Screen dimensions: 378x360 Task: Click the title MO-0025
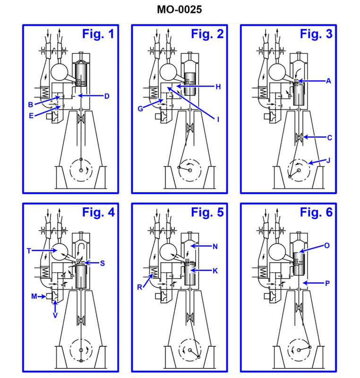(x=180, y=10)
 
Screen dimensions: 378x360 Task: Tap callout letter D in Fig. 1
(x=107, y=96)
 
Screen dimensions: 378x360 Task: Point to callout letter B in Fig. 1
(x=30, y=104)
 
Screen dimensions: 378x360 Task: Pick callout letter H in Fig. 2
(x=218, y=86)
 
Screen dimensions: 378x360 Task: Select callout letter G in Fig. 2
(x=140, y=109)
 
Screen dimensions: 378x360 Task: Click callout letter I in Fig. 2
(x=218, y=120)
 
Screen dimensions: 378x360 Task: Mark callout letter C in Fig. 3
(x=329, y=137)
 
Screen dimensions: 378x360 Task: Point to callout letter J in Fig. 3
(x=329, y=160)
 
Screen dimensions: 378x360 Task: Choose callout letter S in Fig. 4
(x=103, y=262)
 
